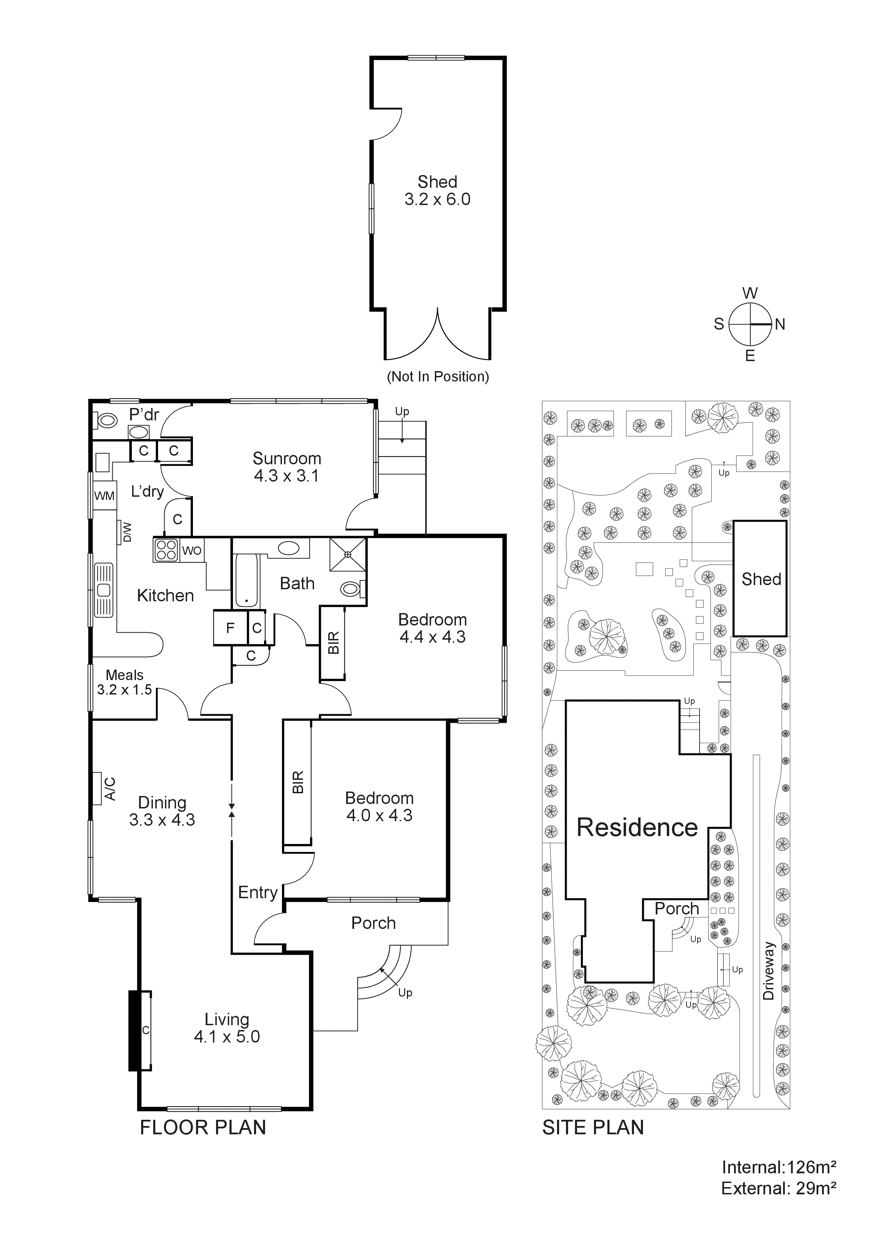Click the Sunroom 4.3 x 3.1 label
coord(287,467)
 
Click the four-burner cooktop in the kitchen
coord(166,550)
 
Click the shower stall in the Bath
coord(348,554)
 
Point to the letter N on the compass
coord(780,324)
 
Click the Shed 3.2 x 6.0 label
coord(437,191)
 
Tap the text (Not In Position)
coord(438,377)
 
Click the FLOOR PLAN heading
coord(203,1127)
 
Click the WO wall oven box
coord(192,551)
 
